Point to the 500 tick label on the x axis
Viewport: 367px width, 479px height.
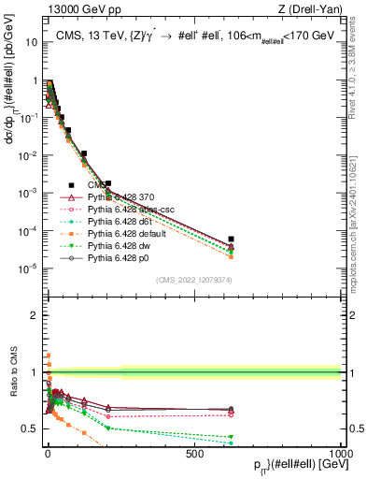pos(194,452)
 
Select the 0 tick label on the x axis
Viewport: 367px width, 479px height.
pos(48,452)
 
